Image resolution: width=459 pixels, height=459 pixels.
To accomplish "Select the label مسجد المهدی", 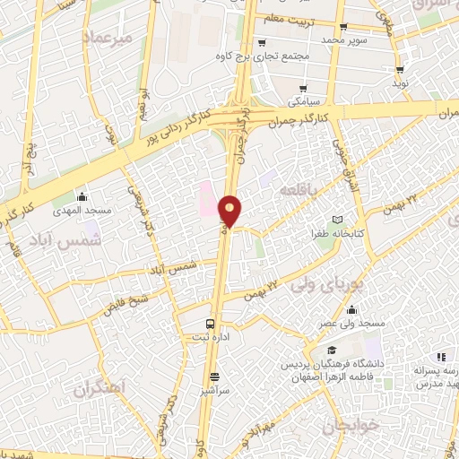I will tap(81, 210).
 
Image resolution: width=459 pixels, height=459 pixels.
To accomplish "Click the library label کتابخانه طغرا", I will tap(337, 232).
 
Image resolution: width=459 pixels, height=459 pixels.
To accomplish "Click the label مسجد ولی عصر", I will tap(355, 322).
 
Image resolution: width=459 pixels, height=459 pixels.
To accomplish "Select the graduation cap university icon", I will tap(331, 351).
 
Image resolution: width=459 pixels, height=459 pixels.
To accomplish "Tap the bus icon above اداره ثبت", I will tap(209, 324).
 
